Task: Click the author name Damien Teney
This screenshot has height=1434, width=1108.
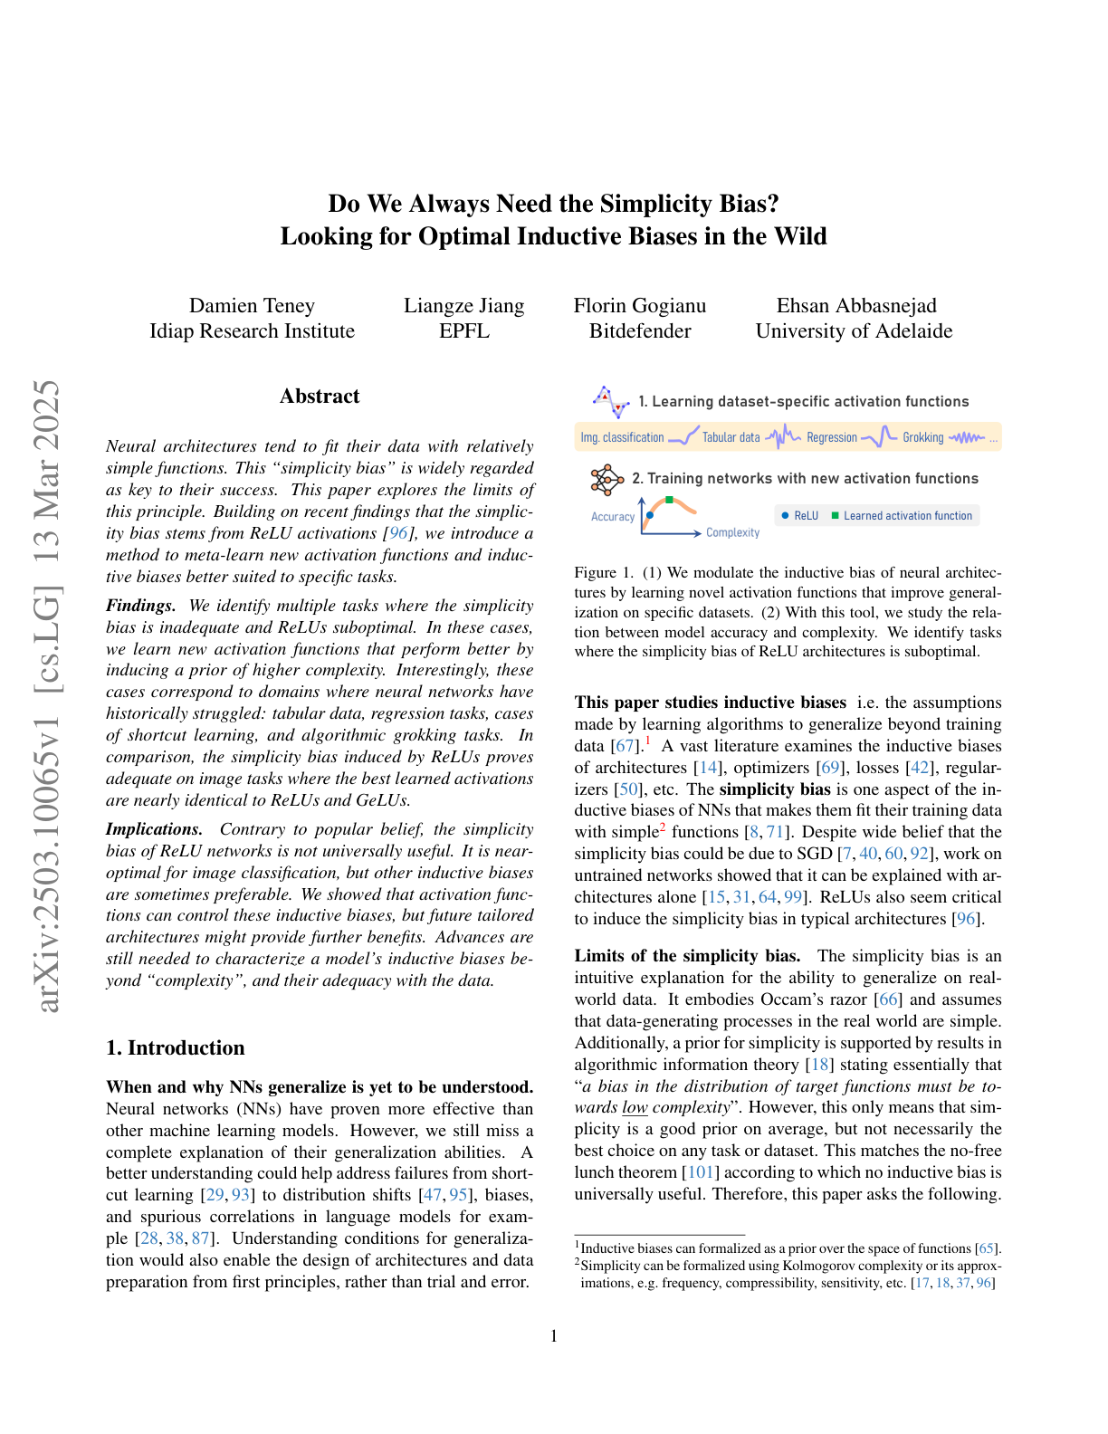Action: (x=252, y=306)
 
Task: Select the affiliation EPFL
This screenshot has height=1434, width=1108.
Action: (x=463, y=331)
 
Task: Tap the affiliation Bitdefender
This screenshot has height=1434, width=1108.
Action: (x=640, y=331)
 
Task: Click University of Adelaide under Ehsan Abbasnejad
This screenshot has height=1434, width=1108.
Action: (x=854, y=331)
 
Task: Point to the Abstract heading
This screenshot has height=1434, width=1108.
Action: (x=320, y=397)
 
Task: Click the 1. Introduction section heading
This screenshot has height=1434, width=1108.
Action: (x=176, y=1048)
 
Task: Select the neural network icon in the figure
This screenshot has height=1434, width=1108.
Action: (x=606, y=480)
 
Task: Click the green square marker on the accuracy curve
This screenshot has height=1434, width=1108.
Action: (x=669, y=500)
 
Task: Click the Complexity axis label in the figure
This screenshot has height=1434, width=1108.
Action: (x=732, y=533)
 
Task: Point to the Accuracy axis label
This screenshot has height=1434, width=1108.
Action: (x=613, y=517)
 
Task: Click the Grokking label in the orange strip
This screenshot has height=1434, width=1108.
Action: (x=922, y=438)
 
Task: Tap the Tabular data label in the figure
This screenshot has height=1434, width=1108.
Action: (x=731, y=438)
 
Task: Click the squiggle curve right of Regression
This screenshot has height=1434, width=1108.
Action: (x=878, y=437)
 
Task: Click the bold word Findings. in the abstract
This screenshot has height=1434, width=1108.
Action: (x=140, y=606)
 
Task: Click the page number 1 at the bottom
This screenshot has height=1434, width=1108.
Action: (x=554, y=1336)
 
